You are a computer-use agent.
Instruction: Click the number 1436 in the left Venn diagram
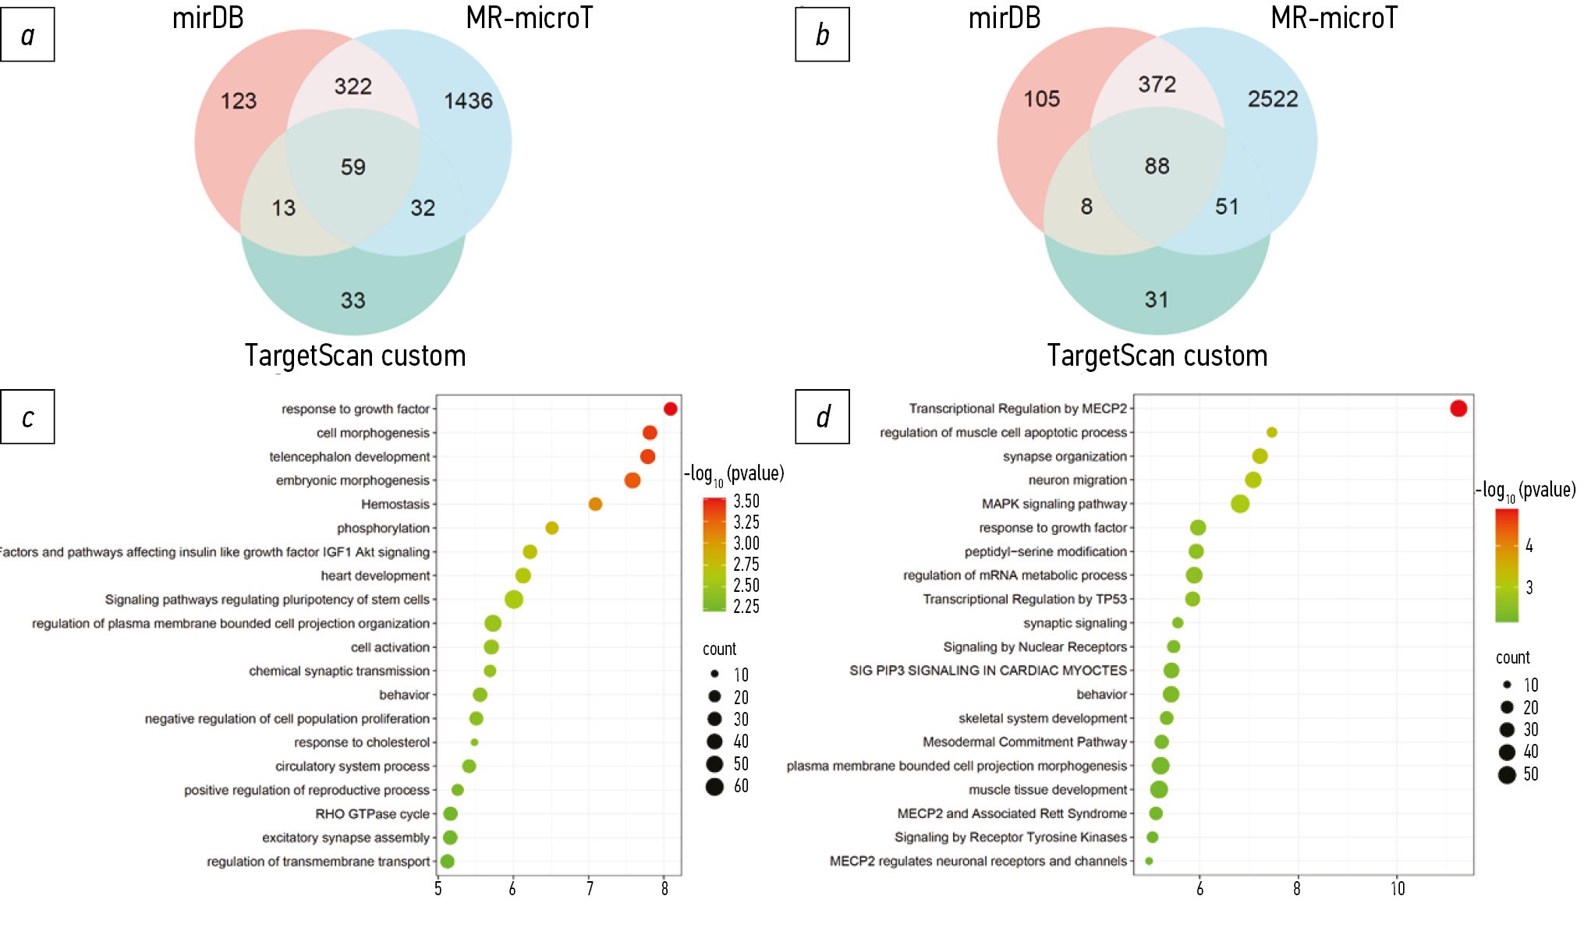coord(468,101)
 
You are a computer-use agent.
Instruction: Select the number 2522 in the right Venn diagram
coord(1272,99)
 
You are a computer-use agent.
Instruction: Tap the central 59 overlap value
coord(353,167)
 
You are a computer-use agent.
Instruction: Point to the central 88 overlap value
coord(1157,166)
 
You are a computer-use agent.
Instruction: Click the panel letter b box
coord(822,34)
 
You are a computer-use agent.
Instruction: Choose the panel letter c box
coord(27,417)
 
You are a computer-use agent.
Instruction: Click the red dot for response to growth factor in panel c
coord(670,409)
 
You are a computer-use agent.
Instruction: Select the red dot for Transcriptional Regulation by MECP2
coord(1458,408)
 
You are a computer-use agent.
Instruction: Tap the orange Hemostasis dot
coord(595,505)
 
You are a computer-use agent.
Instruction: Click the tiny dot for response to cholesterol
coord(474,742)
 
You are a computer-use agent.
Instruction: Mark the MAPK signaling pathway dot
coord(1240,504)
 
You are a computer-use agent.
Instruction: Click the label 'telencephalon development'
coord(349,457)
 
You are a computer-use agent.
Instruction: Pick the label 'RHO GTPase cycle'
coord(372,814)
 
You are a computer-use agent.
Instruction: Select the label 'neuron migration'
coord(1077,480)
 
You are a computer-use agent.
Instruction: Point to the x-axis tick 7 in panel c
coord(589,889)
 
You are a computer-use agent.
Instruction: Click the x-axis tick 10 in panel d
coord(1397,889)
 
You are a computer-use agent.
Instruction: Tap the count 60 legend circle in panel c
coord(714,786)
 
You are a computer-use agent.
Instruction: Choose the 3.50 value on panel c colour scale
coord(746,501)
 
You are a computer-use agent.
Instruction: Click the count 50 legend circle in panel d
coord(1507,774)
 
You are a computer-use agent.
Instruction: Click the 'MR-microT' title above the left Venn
coord(529,18)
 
